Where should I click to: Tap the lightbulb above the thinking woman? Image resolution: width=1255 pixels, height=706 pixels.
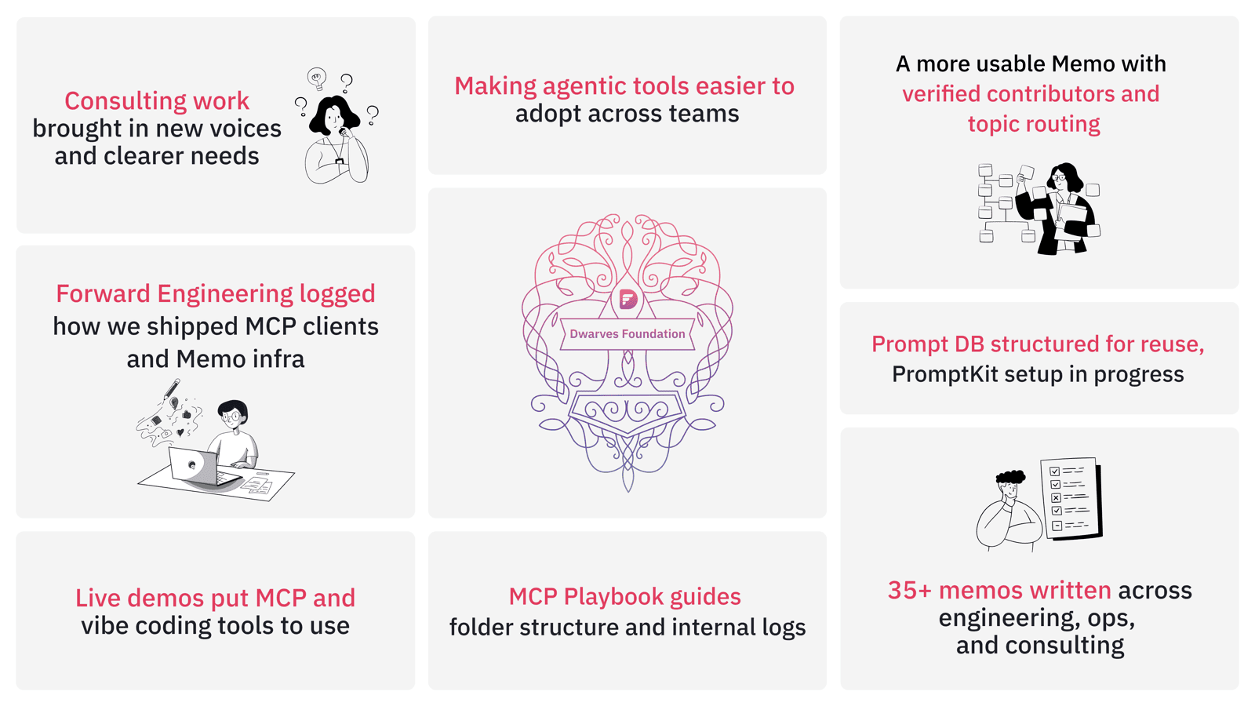click(x=317, y=78)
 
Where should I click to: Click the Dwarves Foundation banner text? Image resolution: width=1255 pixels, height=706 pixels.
click(x=627, y=334)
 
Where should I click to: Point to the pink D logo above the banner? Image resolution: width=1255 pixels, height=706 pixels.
click(x=628, y=299)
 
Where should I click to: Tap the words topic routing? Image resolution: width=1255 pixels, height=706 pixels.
click(x=1034, y=125)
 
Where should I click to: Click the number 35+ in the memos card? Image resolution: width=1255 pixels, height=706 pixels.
click(x=909, y=591)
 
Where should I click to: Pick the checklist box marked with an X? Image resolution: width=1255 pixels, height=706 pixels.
click(x=1056, y=497)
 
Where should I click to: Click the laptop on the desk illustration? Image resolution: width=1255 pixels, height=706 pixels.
click(x=196, y=466)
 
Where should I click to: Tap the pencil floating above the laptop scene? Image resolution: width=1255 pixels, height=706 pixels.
click(x=171, y=388)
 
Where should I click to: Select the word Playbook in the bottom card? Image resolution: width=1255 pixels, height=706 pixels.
click(x=613, y=597)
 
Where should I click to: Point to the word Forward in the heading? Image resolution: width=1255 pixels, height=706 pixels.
click(x=103, y=294)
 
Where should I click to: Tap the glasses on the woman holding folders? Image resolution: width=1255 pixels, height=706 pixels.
click(x=1058, y=178)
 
